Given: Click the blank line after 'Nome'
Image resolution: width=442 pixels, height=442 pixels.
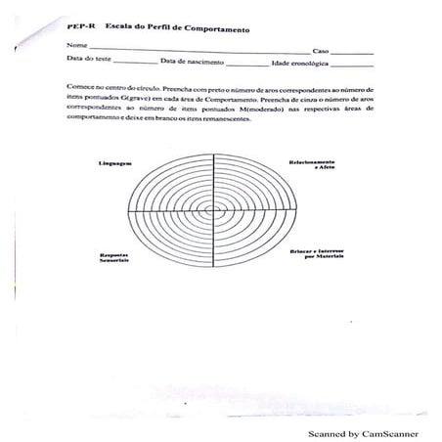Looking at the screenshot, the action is (196, 50).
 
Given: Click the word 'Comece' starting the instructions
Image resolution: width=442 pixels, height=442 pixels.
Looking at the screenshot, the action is (80, 86).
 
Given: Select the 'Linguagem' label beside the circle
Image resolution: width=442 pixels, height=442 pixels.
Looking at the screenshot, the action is (114, 160).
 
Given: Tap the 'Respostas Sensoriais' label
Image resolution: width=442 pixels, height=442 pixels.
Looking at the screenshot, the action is (113, 259).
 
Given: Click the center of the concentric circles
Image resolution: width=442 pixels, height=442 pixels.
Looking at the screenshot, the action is (209, 210).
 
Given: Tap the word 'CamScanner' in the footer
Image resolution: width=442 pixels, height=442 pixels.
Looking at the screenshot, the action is (384, 432).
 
